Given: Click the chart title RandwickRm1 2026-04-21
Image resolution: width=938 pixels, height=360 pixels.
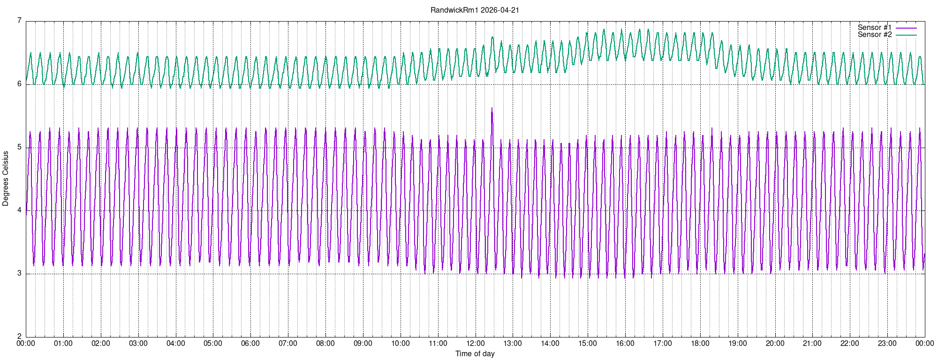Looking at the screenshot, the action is (x=475, y=10).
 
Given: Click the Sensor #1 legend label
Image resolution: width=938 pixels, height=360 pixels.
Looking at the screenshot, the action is (x=875, y=28).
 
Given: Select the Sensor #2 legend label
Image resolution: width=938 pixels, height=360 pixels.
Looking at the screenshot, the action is (x=875, y=35).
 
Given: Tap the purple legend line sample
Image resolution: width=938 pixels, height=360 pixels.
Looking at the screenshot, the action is (x=906, y=28).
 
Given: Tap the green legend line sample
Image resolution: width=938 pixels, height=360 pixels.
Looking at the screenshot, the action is (x=906, y=35).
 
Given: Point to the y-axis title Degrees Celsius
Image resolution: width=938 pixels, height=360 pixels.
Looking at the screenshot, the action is (x=6, y=179).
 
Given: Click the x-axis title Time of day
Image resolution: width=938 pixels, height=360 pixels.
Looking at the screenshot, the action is (x=475, y=354).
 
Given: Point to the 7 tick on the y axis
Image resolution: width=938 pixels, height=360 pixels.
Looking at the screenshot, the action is (x=19, y=21).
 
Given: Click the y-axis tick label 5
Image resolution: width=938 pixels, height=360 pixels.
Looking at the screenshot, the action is (x=19, y=148).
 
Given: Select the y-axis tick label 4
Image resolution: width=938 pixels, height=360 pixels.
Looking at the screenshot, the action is (x=19, y=210).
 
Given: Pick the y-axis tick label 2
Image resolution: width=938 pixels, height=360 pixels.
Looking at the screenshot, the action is (x=19, y=337).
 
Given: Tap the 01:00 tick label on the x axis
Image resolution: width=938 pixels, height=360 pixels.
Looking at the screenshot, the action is (x=63, y=344).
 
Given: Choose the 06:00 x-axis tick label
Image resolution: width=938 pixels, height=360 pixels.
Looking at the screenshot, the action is (x=250, y=344).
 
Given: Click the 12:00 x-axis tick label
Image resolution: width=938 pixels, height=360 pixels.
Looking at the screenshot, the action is (x=476, y=344).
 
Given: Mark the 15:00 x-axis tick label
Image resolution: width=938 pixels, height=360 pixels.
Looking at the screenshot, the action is (x=588, y=344).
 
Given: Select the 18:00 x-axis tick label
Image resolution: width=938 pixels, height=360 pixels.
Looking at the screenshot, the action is (x=700, y=344).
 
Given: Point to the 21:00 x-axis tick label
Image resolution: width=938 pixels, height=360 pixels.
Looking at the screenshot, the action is (x=812, y=344).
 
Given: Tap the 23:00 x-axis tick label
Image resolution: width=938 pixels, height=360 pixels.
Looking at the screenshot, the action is (x=887, y=344).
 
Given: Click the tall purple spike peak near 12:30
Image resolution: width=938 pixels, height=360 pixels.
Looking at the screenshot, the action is (x=492, y=108).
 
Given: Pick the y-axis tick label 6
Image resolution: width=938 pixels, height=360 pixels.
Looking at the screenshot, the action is (x=19, y=84).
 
